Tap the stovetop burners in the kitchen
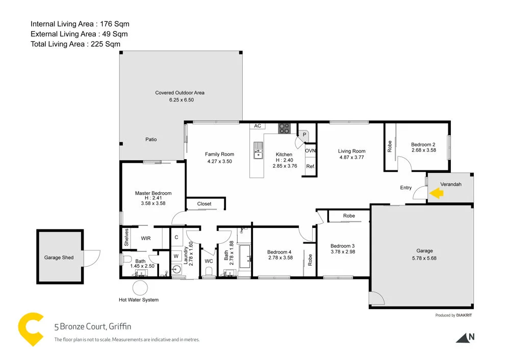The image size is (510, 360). click(284, 128)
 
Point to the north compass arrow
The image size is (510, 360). click(464, 337)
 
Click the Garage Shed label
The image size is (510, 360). click(59, 258)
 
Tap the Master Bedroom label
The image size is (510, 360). click(153, 193)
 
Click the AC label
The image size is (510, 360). click(258, 126)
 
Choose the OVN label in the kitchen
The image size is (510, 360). click(310, 151)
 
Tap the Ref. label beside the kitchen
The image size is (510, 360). click(310, 167)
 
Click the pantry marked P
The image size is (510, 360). click(304, 134)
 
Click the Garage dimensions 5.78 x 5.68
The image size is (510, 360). click(424, 258)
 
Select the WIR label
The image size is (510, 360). click(146, 238)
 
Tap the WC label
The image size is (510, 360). click(209, 261)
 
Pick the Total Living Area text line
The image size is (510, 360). click(75, 44)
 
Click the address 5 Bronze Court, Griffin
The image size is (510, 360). click(93, 327)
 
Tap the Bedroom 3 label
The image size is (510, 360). click(342, 245)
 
